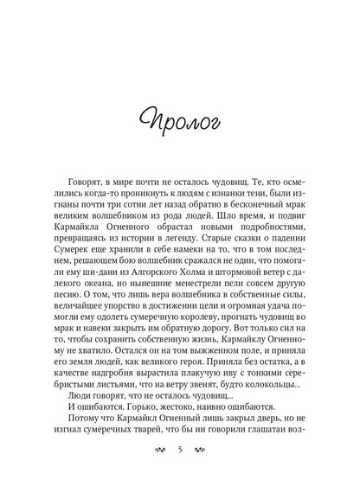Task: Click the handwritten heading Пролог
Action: click(x=178, y=141)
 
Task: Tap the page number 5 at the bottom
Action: click(x=178, y=450)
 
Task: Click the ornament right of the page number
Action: click(x=201, y=450)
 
